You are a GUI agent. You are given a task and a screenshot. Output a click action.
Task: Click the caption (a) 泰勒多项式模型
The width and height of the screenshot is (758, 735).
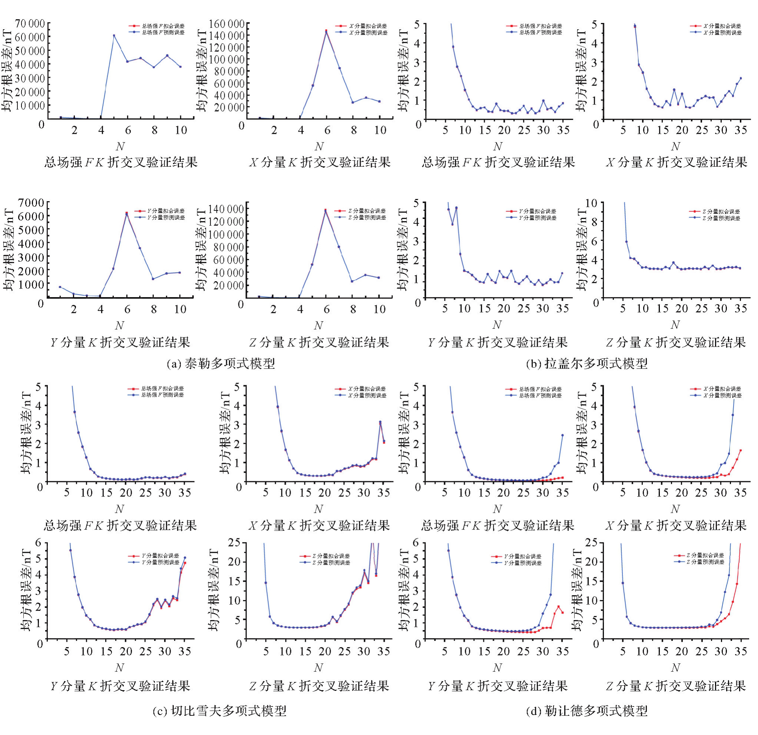click(x=220, y=363)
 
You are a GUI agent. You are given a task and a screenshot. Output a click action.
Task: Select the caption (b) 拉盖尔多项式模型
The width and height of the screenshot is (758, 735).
click(x=587, y=363)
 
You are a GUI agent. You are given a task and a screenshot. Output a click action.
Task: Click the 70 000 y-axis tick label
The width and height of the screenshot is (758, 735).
click(x=30, y=24)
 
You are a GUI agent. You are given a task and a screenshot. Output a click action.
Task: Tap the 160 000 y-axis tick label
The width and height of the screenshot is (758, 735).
click(x=227, y=24)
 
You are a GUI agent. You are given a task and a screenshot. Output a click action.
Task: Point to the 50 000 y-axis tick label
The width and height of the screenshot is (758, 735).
click(x=30, y=51)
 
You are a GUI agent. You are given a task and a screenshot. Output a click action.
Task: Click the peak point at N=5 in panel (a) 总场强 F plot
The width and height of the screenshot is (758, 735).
click(x=114, y=36)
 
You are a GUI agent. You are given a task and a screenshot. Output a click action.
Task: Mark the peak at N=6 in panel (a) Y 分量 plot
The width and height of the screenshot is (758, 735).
click(x=127, y=213)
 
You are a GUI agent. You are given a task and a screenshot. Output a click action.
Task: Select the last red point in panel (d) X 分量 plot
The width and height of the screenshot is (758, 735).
click(x=741, y=450)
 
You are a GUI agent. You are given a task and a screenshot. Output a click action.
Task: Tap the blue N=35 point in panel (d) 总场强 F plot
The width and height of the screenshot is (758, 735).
click(x=562, y=435)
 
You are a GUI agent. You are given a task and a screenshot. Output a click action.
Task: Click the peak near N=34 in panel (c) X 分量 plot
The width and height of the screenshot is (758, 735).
click(x=380, y=422)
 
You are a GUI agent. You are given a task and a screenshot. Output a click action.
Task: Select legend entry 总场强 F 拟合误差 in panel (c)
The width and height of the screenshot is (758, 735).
click(x=163, y=388)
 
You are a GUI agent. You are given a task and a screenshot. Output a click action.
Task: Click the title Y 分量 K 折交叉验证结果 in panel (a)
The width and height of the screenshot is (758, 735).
click(x=120, y=342)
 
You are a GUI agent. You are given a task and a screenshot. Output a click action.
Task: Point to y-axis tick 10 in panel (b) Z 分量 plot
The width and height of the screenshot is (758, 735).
click(x=591, y=202)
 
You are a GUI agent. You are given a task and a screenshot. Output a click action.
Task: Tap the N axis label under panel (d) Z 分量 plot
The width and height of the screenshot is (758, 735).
click(x=675, y=667)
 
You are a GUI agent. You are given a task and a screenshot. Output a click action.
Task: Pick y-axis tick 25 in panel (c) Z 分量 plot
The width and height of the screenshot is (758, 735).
click(x=234, y=543)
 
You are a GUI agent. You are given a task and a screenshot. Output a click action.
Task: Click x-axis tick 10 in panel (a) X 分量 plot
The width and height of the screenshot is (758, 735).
click(x=380, y=130)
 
